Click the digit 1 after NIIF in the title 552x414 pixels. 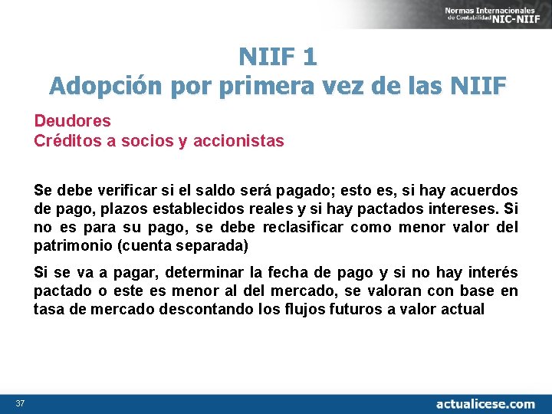309,56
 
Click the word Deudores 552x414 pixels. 72,120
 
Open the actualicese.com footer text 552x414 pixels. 485,403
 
